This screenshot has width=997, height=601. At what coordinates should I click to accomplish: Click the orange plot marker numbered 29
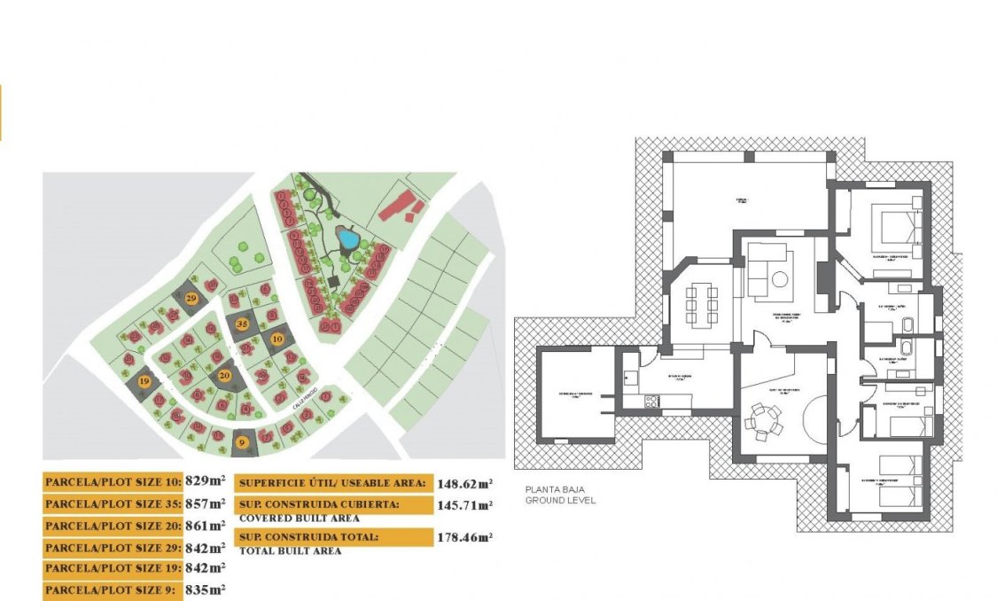(x=192, y=300)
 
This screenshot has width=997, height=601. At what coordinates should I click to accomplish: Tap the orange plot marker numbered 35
(x=243, y=324)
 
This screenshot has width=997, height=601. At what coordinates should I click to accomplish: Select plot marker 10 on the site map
(x=277, y=339)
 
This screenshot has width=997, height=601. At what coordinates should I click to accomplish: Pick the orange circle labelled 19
(x=144, y=381)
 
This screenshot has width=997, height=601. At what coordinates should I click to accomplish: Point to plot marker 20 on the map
(x=225, y=376)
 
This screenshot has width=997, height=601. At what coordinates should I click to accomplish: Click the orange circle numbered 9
(x=242, y=440)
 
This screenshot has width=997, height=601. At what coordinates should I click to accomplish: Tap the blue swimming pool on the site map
(x=347, y=239)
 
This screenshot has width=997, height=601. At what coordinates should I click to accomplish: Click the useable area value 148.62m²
(x=464, y=484)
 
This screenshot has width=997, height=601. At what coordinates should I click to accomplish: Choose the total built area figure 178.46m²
(x=464, y=537)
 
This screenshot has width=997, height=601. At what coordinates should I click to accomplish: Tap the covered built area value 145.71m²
(x=464, y=504)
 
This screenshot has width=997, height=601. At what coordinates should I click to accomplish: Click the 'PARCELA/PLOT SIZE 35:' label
(x=112, y=503)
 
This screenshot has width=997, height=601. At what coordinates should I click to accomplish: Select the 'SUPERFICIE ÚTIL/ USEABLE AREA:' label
(x=333, y=484)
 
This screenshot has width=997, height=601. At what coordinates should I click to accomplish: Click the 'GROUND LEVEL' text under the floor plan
(x=561, y=500)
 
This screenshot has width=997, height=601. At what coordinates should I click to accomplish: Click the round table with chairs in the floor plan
(x=763, y=418)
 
